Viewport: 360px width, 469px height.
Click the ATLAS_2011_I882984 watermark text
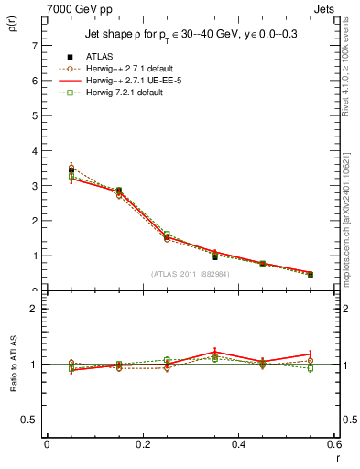(191, 273)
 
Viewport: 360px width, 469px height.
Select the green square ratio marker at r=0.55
(311, 368)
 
